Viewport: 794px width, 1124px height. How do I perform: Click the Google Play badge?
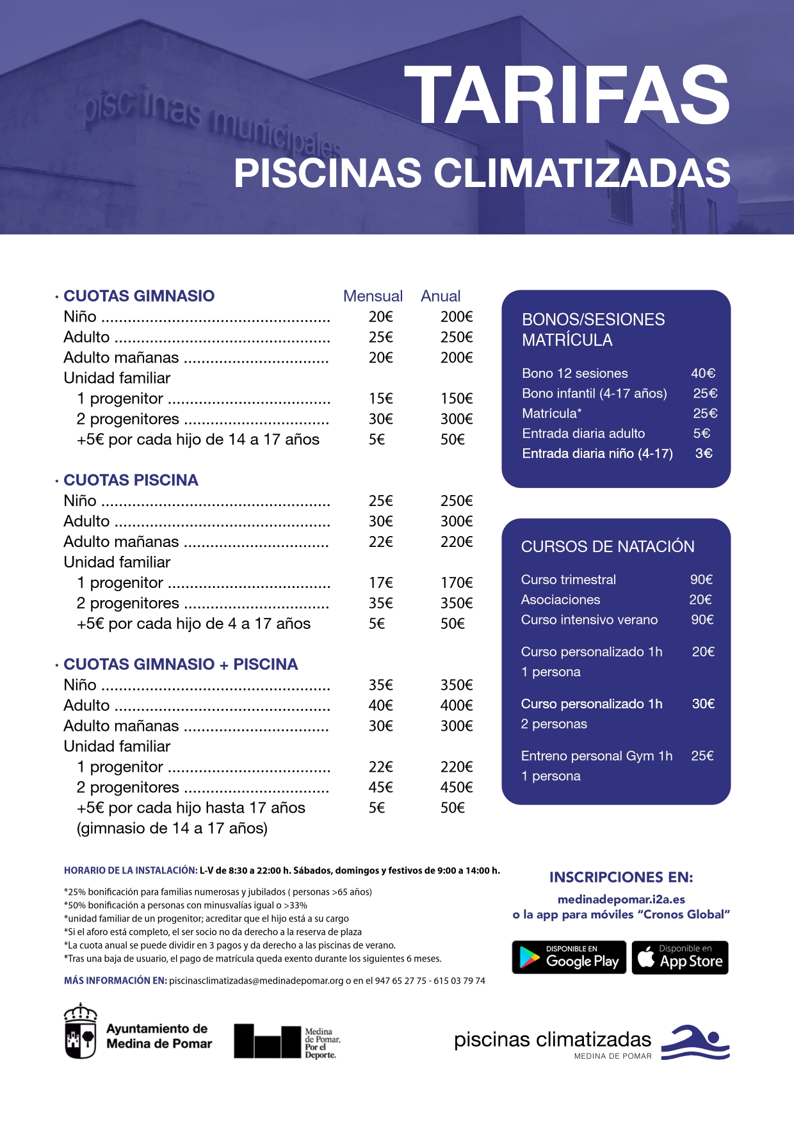click(x=569, y=957)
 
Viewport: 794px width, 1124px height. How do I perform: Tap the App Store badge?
click(x=680, y=957)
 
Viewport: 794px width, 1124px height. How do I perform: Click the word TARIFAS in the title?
click(x=567, y=96)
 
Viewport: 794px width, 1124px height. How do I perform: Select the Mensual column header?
click(x=373, y=296)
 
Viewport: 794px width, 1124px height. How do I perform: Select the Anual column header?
click(x=441, y=296)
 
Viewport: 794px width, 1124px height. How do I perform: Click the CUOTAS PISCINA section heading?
click(x=131, y=480)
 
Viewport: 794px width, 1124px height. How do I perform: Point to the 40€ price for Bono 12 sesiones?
click(x=703, y=373)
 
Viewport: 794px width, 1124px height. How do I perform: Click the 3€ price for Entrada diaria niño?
click(x=704, y=453)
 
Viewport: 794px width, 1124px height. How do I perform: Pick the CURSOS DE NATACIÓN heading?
click(x=608, y=546)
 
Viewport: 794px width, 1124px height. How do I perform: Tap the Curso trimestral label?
click(x=569, y=580)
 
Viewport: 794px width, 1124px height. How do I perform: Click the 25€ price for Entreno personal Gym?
click(x=702, y=756)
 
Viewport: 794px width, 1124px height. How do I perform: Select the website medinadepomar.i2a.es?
click(x=621, y=899)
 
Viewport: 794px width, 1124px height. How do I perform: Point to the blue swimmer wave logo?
click(x=695, y=1042)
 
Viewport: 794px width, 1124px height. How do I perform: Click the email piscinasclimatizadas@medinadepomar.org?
click(x=256, y=981)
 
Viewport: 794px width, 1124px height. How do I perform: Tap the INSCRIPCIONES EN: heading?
click(x=621, y=877)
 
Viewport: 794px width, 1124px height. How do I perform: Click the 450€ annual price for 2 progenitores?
click(x=457, y=787)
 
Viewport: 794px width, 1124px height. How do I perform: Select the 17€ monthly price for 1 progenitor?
click(x=380, y=582)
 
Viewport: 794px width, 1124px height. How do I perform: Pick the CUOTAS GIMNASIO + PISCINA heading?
click(x=181, y=664)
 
